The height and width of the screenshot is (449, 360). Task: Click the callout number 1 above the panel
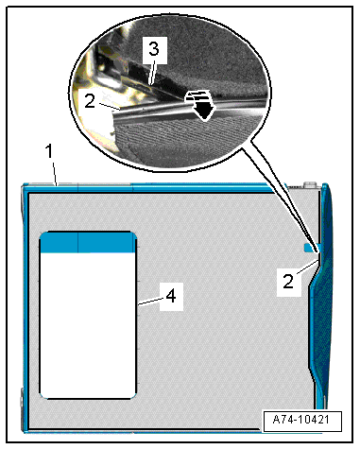pos(49,151)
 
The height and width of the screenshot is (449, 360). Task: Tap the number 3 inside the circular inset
pos(154,50)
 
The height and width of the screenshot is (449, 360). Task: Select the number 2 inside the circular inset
pos(90,101)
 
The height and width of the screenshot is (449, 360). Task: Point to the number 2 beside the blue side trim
pos(288,282)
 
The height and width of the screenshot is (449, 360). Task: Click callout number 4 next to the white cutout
pos(171,297)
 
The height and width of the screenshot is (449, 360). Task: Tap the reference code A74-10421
pos(301,420)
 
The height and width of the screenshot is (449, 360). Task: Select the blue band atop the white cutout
pos(88,242)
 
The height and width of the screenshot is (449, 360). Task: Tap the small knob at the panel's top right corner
pos(310,184)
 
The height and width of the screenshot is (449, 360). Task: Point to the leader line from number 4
pos(148,302)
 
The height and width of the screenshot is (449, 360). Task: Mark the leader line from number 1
pos(55,174)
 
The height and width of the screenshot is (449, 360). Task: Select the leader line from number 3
pos(152,72)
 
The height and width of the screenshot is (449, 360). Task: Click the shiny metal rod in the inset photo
pos(189,110)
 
